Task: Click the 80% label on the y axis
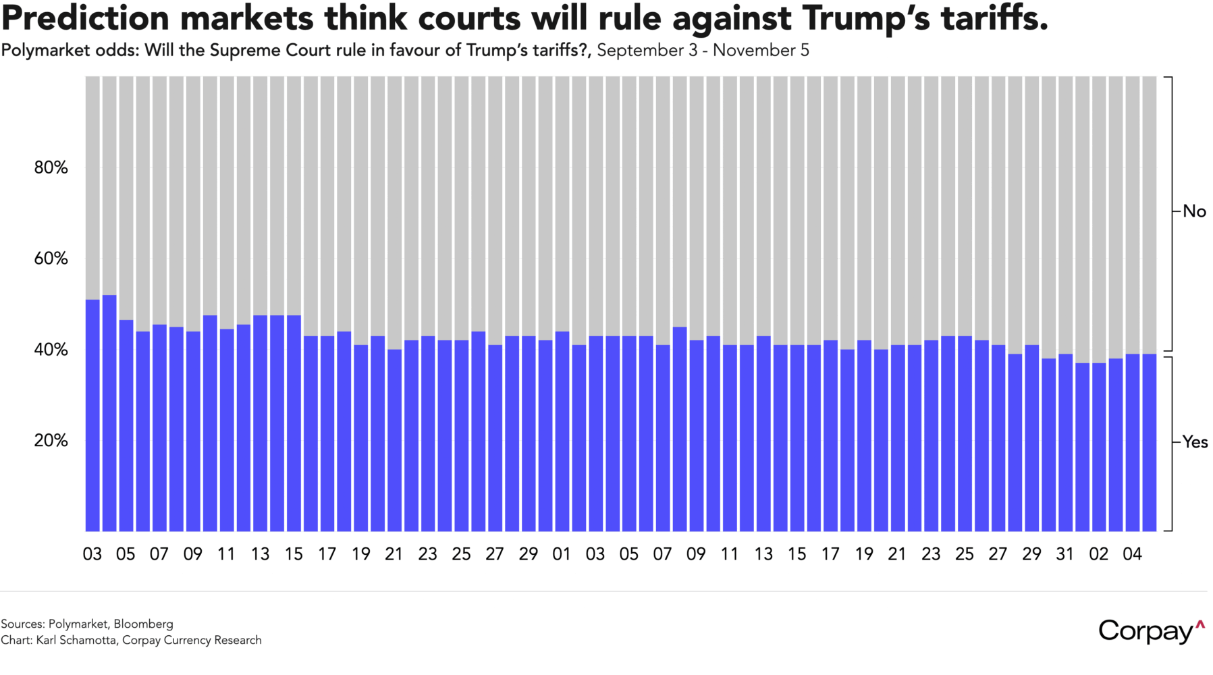51,167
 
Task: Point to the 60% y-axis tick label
51,259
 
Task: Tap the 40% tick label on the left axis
51,350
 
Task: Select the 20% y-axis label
51,441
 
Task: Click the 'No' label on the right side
1194,211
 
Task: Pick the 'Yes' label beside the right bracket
1195,442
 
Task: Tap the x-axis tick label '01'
562,554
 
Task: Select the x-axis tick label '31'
1065,554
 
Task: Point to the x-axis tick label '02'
1098,554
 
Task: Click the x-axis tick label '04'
1132,554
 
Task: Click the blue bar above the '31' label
1065,442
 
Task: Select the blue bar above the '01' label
562,432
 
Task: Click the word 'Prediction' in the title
85,19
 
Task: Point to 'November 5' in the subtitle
761,51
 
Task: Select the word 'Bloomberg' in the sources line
143,624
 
